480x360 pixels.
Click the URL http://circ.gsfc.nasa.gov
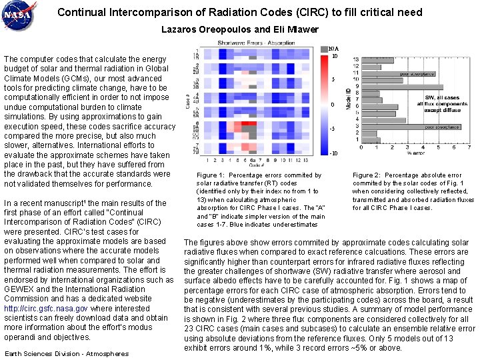(x=45, y=309)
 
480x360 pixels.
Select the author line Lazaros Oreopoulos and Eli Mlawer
(x=240, y=29)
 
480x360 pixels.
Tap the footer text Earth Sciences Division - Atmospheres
(x=67, y=353)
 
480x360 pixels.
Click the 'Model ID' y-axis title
(x=348, y=99)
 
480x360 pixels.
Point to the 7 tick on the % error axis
(x=471, y=148)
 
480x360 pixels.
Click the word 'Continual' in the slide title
(x=78, y=12)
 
